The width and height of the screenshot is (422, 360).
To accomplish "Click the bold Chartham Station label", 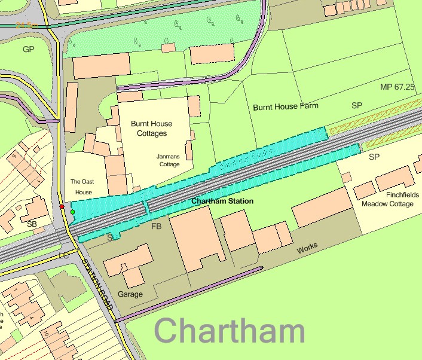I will (x=222, y=202).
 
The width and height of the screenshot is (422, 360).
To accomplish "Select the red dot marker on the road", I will (x=62, y=206).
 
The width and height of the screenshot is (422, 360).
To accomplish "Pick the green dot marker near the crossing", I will (x=73, y=212).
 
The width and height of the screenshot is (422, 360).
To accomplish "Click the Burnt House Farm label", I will (x=286, y=106).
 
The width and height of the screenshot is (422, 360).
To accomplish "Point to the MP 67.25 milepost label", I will (x=397, y=87).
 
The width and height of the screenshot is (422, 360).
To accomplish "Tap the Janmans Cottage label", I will (x=168, y=160).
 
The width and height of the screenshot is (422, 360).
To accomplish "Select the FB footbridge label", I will (x=157, y=227).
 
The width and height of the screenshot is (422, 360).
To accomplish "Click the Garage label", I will (x=130, y=294).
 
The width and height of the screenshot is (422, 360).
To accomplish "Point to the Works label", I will (x=308, y=248).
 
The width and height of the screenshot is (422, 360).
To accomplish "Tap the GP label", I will (x=29, y=49).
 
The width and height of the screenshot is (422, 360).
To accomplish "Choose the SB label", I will (x=32, y=224).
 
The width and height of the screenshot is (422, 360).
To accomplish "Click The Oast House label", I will (x=81, y=187).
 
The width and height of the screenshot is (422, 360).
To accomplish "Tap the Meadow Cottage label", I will (x=387, y=204).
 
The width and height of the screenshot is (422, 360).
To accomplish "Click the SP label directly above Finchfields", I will (x=374, y=157).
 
